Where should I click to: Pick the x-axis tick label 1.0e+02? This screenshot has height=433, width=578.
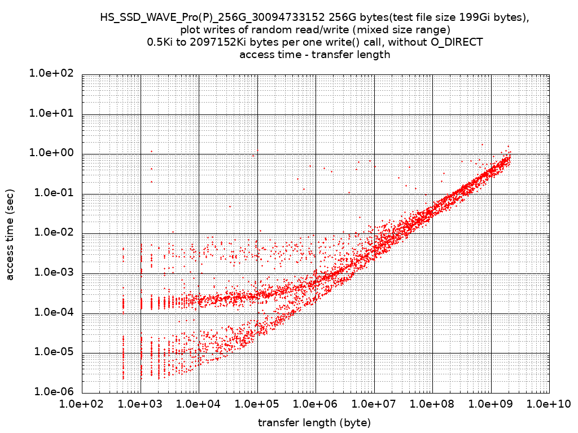coord(82,404)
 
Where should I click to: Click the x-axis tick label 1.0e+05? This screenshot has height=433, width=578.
coord(257,404)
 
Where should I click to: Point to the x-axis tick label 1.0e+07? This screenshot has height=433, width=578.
coord(374,404)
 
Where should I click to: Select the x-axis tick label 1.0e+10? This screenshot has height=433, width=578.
coord(548,404)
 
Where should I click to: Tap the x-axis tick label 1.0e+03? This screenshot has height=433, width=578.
coord(140,404)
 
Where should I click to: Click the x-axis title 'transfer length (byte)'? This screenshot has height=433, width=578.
coord(314,422)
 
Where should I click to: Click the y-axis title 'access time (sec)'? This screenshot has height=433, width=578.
coord(10,234)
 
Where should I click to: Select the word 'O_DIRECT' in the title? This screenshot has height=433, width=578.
coord(458,42)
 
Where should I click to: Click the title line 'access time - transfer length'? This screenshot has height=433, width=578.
coord(314,55)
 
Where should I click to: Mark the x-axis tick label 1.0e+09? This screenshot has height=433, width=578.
coord(491,404)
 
